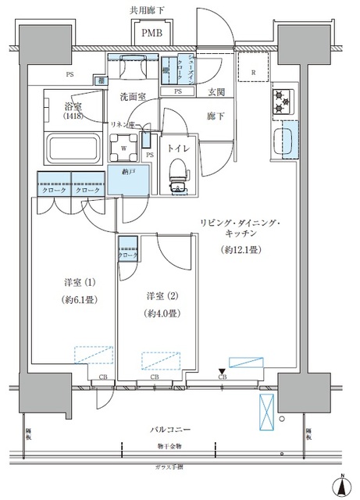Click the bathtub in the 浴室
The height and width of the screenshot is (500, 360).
(x=71, y=147)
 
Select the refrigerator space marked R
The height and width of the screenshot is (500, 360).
(x=255, y=73)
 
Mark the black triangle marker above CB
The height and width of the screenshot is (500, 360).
(x=222, y=370)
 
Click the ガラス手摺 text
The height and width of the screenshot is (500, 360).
(x=169, y=465)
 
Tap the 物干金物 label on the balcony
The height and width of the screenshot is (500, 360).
(x=169, y=446)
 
